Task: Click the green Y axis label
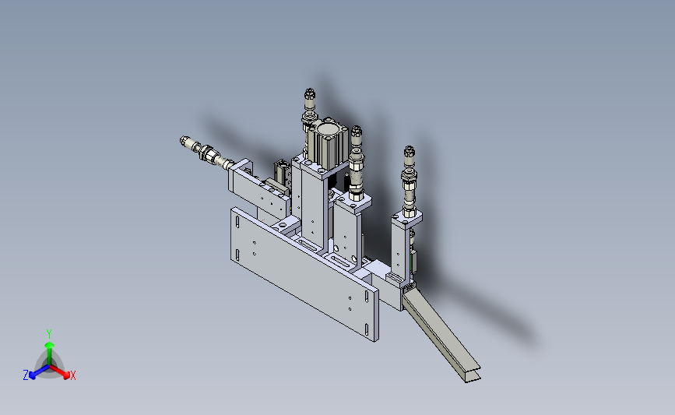pos(48,334)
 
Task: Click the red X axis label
pos(72,375)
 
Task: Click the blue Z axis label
pos(26,375)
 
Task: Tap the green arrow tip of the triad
pos(49,345)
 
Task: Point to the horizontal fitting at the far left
pos(206,153)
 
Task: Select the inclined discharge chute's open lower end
pos(473,375)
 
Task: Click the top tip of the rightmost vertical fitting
pos(409,148)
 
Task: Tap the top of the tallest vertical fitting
pos(310,90)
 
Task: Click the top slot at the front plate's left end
pos(237,222)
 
